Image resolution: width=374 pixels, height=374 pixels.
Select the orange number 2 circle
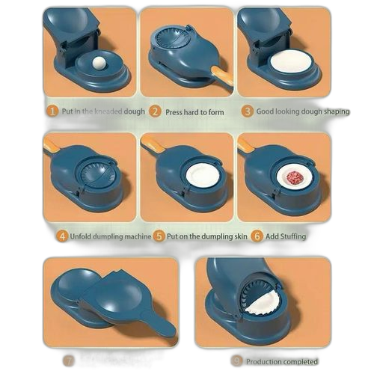coord(155,111)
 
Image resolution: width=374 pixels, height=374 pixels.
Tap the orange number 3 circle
coord(247,111)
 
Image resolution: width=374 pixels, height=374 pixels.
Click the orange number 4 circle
coord(62,236)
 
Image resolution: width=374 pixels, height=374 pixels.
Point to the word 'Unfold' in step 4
coord(83,236)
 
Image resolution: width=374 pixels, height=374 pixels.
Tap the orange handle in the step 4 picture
coord(52,144)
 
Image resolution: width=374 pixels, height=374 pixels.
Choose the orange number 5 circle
coord(159,236)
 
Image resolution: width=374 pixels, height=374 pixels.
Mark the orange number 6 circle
coord(257,236)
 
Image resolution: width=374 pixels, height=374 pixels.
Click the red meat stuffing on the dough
coord(292,177)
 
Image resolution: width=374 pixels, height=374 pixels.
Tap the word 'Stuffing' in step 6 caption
coord(291,236)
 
